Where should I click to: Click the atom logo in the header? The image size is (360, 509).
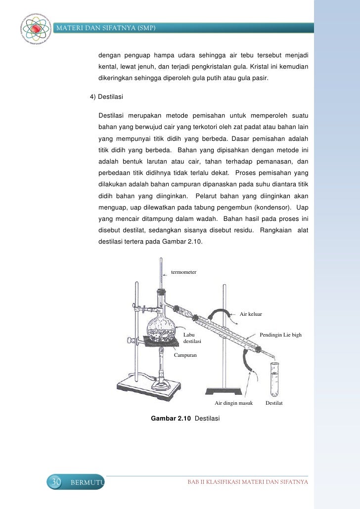(x=36, y=29)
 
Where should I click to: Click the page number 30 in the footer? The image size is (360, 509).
(x=56, y=482)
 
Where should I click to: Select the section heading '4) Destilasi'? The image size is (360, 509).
(x=106, y=97)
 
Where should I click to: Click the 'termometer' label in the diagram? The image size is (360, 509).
(x=183, y=272)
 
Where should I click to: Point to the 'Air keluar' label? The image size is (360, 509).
(x=251, y=314)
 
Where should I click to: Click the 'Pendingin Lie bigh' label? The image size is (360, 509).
(x=280, y=335)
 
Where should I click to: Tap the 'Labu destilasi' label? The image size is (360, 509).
(x=192, y=338)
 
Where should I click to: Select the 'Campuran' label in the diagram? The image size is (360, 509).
(x=185, y=355)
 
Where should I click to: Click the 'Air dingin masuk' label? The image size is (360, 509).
(x=233, y=403)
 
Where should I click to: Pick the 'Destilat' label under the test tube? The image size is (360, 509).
(x=274, y=403)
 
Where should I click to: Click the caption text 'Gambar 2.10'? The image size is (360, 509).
(x=171, y=419)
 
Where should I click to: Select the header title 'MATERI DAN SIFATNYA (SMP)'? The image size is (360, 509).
(x=106, y=28)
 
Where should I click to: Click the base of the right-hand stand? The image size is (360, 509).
(x=224, y=391)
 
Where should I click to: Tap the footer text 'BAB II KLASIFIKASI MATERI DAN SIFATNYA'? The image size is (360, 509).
(x=248, y=482)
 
